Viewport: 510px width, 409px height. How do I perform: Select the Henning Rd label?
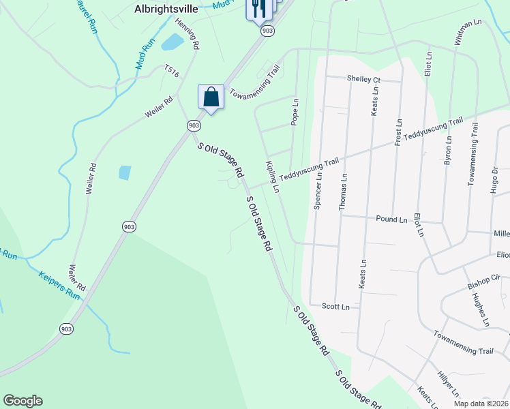[x=187, y=33]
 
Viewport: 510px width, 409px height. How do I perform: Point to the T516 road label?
[x=171, y=70]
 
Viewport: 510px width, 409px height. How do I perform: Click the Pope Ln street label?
[x=295, y=112]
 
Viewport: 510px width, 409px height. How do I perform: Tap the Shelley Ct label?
[x=363, y=79]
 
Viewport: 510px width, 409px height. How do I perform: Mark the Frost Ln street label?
[x=398, y=130]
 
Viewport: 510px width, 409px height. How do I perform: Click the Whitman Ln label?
[x=468, y=31]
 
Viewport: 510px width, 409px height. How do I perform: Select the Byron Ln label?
[x=448, y=152]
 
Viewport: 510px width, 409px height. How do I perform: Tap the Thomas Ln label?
[x=344, y=192]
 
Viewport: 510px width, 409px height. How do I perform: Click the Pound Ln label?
[x=391, y=219]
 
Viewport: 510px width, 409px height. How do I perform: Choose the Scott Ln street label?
[x=335, y=307]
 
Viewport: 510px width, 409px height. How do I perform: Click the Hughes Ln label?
[x=481, y=309]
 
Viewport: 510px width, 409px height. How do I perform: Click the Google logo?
[x=22, y=401]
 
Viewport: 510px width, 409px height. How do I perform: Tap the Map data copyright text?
[x=481, y=404]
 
